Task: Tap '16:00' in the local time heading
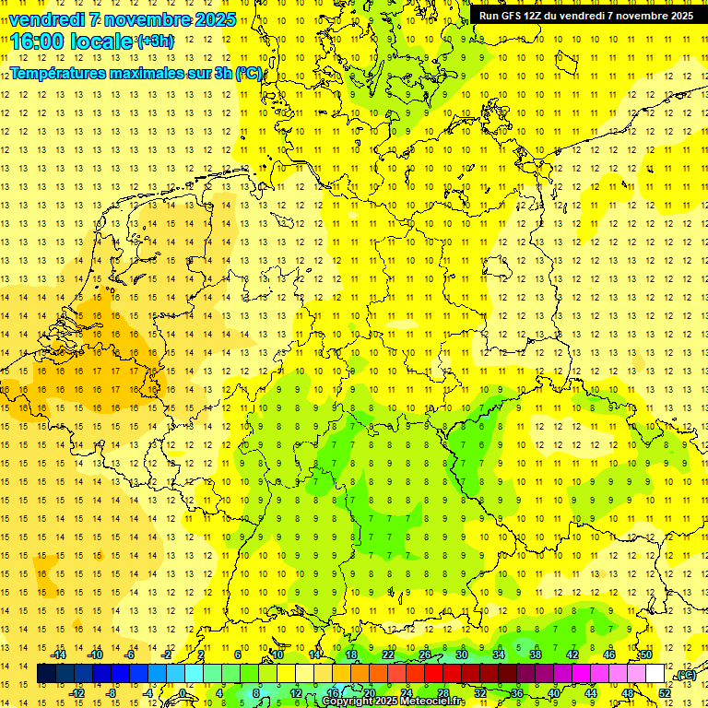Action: pos(36,41)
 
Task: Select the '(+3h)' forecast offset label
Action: pos(154,41)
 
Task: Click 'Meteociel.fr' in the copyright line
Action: pos(432,702)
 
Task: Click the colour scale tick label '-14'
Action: pos(59,655)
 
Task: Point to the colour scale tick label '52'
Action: pos(665,693)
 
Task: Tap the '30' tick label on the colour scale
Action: pos(461,655)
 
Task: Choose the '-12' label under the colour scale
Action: pos(77,693)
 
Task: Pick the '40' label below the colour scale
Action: pos(553,693)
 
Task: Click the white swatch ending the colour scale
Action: pos(655,674)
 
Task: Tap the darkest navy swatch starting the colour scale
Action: pos(46,674)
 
